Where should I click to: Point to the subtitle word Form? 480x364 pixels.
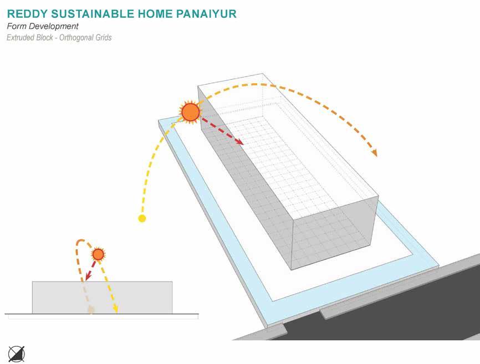click(16, 26)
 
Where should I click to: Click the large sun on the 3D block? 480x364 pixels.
click(190, 112)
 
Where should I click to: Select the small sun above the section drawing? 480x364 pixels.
click(98, 254)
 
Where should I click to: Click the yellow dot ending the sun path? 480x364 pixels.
click(142, 218)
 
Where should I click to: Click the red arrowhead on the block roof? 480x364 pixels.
click(239, 142)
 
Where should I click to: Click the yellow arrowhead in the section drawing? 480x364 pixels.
click(116, 309)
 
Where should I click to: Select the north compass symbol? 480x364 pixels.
click(16, 353)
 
